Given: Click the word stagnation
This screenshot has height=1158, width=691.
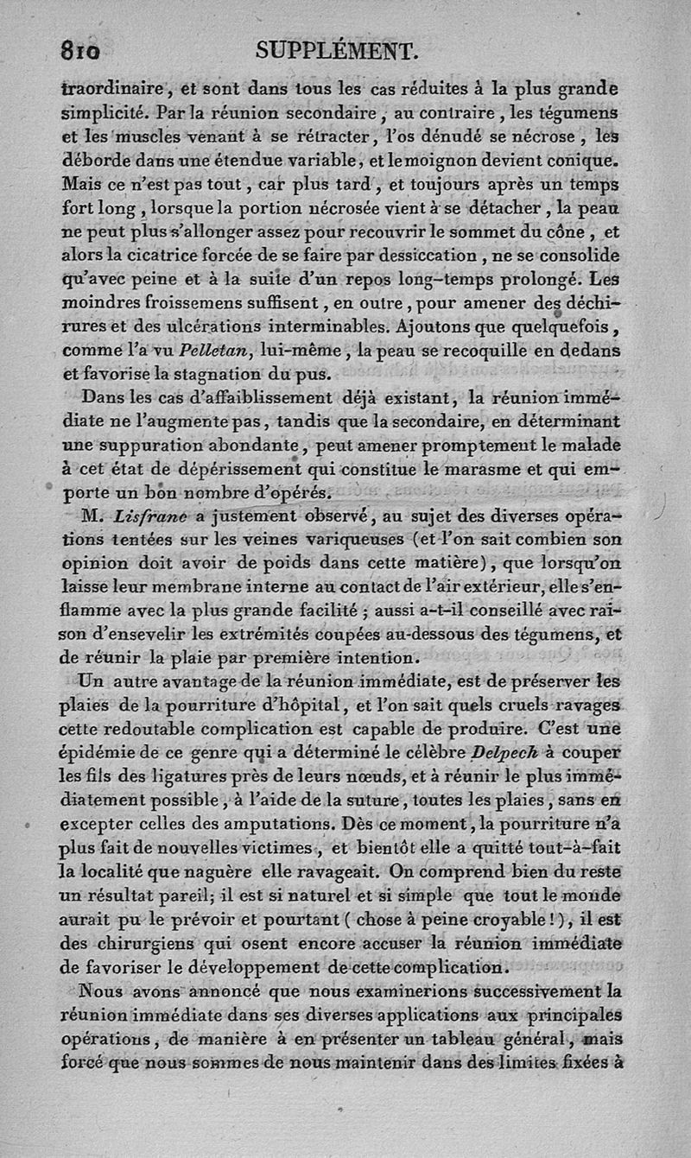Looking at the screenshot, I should (x=223, y=375).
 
